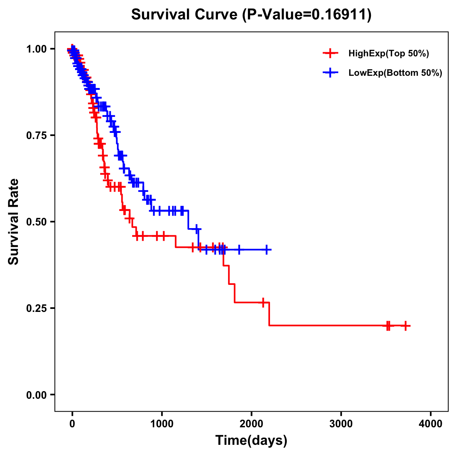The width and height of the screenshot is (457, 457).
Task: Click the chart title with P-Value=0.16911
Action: click(x=251, y=15)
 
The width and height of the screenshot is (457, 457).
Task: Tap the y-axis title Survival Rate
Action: click(x=14, y=221)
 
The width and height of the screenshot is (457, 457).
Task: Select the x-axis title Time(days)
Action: click(x=251, y=440)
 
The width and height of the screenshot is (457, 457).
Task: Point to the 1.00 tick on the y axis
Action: click(x=36, y=49)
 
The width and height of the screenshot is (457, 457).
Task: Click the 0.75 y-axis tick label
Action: click(x=36, y=135)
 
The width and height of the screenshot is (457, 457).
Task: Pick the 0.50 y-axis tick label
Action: click(x=36, y=222)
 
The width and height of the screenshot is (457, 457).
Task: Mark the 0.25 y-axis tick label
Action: click(x=36, y=308)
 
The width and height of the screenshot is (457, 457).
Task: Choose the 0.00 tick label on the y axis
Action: click(x=36, y=395)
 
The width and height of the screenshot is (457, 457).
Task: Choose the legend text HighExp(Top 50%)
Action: click(x=388, y=54)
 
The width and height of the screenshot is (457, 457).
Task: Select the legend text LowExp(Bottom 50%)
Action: click(x=395, y=73)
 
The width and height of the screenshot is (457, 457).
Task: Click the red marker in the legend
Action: click(x=330, y=54)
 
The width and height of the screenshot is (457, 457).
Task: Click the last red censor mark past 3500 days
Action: click(x=406, y=326)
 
